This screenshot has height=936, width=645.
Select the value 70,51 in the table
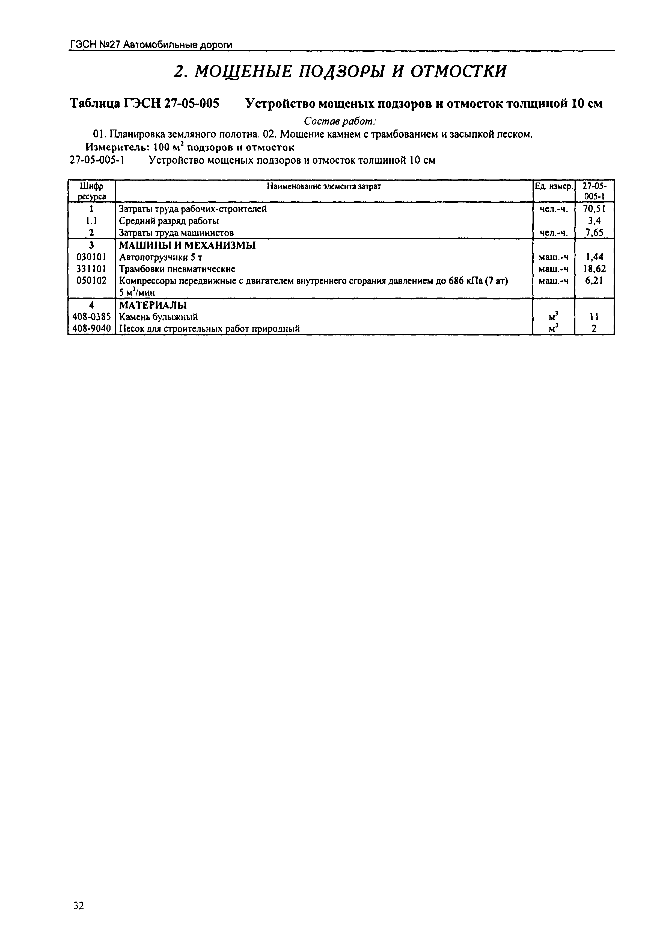(594, 209)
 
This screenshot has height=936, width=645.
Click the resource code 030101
(91, 257)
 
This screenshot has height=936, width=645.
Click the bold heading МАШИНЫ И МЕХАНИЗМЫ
(187, 245)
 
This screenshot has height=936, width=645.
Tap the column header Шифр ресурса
(91, 191)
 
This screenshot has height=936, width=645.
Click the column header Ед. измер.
(553, 187)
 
